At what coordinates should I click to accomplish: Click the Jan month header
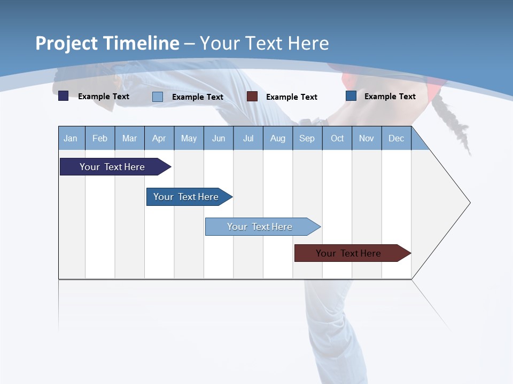[71, 138]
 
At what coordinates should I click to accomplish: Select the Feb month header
[100, 138]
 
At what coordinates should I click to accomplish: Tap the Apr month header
[159, 138]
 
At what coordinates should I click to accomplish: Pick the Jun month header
[218, 138]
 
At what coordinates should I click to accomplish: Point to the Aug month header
[277, 138]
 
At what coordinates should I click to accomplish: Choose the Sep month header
[307, 138]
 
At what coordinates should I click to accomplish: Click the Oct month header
[337, 138]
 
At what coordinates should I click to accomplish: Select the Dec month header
[396, 138]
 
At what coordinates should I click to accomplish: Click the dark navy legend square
[64, 96]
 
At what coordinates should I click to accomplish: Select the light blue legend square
[158, 97]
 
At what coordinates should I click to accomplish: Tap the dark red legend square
[252, 97]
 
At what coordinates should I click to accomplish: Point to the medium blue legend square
[351, 96]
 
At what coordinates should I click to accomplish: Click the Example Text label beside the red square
[291, 97]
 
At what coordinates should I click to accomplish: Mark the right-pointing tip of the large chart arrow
[469, 203]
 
